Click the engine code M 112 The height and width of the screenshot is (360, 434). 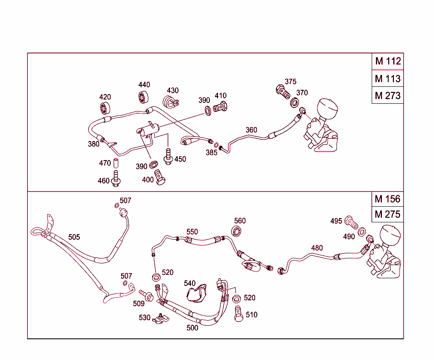pyautogui.click(x=387, y=61)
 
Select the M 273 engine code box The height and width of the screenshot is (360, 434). pyautogui.click(x=387, y=96)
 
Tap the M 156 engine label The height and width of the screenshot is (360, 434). pyautogui.click(x=387, y=199)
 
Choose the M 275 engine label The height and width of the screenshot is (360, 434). pyautogui.click(x=387, y=214)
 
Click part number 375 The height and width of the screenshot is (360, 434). pyautogui.click(x=290, y=81)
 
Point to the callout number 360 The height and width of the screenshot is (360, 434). pyautogui.click(x=251, y=130)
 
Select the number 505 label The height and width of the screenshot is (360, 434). pyautogui.click(x=74, y=237)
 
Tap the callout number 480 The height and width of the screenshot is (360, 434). pyautogui.click(x=317, y=248)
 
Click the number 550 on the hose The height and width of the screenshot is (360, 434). pyautogui.click(x=192, y=232)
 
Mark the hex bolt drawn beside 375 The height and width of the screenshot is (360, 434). pyautogui.click(x=281, y=91)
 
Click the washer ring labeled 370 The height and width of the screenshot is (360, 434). pyautogui.click(x=295, y=103)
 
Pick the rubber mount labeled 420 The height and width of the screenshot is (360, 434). pyautogui.click(x=105, y=108)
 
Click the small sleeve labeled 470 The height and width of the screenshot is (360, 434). pyautogui.click(x=116, y=163)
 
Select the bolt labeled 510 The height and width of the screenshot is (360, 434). pyautogui.click(x=239, y=314)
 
